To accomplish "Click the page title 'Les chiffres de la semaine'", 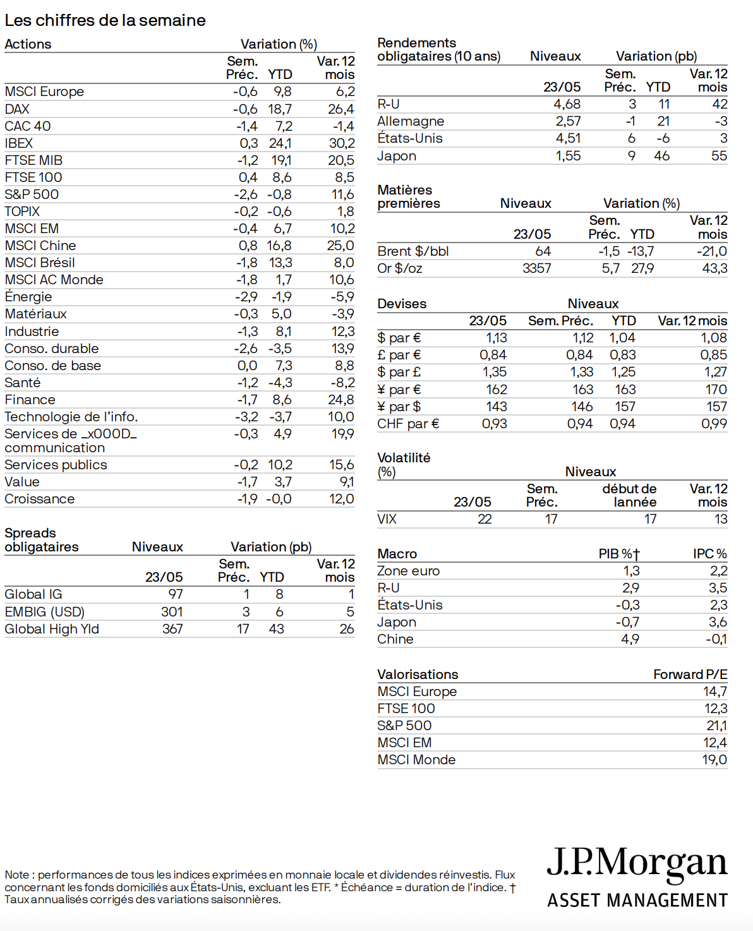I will coord(105,20).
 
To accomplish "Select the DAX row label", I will coord(17,109).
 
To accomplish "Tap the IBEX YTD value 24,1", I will coord(280,143).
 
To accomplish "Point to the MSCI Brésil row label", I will coord(40,263).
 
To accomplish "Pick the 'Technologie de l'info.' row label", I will coord(71,417).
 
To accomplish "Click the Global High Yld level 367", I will coord(172,629).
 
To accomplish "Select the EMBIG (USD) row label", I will coord(44,612).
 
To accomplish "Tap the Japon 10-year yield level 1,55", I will coord(568,156).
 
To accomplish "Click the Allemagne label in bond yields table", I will coord(411,121).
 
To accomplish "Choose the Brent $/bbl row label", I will coord(413,251).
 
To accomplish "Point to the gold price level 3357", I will coord(536,268).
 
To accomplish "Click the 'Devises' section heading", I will coord(402,304).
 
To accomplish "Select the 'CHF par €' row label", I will coord(408,424).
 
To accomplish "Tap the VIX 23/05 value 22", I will coord(485,519).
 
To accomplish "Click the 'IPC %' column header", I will coord(709,554).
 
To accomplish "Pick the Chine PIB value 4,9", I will coord(630,639).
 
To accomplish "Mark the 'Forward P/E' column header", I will coord(690,675).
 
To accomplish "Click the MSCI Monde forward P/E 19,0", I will coord(714,760).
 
